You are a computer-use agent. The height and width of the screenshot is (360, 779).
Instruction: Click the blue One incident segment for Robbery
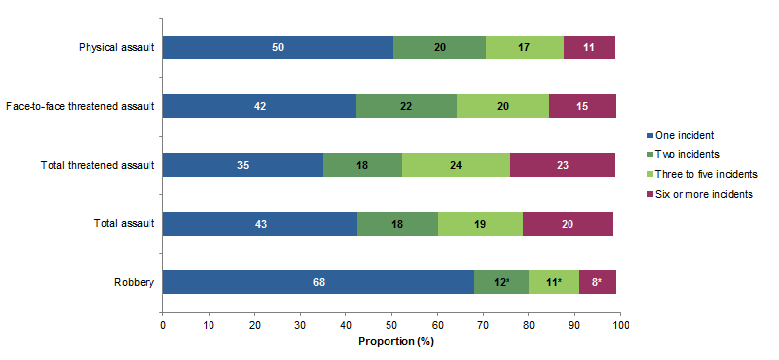click(x=318, y=282)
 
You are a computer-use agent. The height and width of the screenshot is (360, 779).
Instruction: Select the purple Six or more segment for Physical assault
click(x=589, y=47)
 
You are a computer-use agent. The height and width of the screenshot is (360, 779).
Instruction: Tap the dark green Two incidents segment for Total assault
click(x=396, y=223)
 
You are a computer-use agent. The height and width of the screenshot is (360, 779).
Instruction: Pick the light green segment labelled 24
click(x=456, y=165)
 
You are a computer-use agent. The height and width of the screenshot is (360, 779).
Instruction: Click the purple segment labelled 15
click(x=582, y=106)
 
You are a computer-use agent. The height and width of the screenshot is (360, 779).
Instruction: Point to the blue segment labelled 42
click(x=259, y=106)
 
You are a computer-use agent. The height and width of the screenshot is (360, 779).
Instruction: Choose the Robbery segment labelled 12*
click(x=501, y=282)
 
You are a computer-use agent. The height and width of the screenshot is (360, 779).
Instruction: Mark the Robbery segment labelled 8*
click(x=598, y=282)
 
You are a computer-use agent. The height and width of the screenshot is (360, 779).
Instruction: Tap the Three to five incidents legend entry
click(x=698, y=174)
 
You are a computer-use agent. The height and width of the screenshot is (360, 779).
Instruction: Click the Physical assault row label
click(x=117, y=47)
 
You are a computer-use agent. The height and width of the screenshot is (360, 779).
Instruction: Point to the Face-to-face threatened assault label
click(x=81, y=106)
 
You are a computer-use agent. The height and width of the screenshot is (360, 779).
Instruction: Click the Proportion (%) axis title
click(x=391, y=342)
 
